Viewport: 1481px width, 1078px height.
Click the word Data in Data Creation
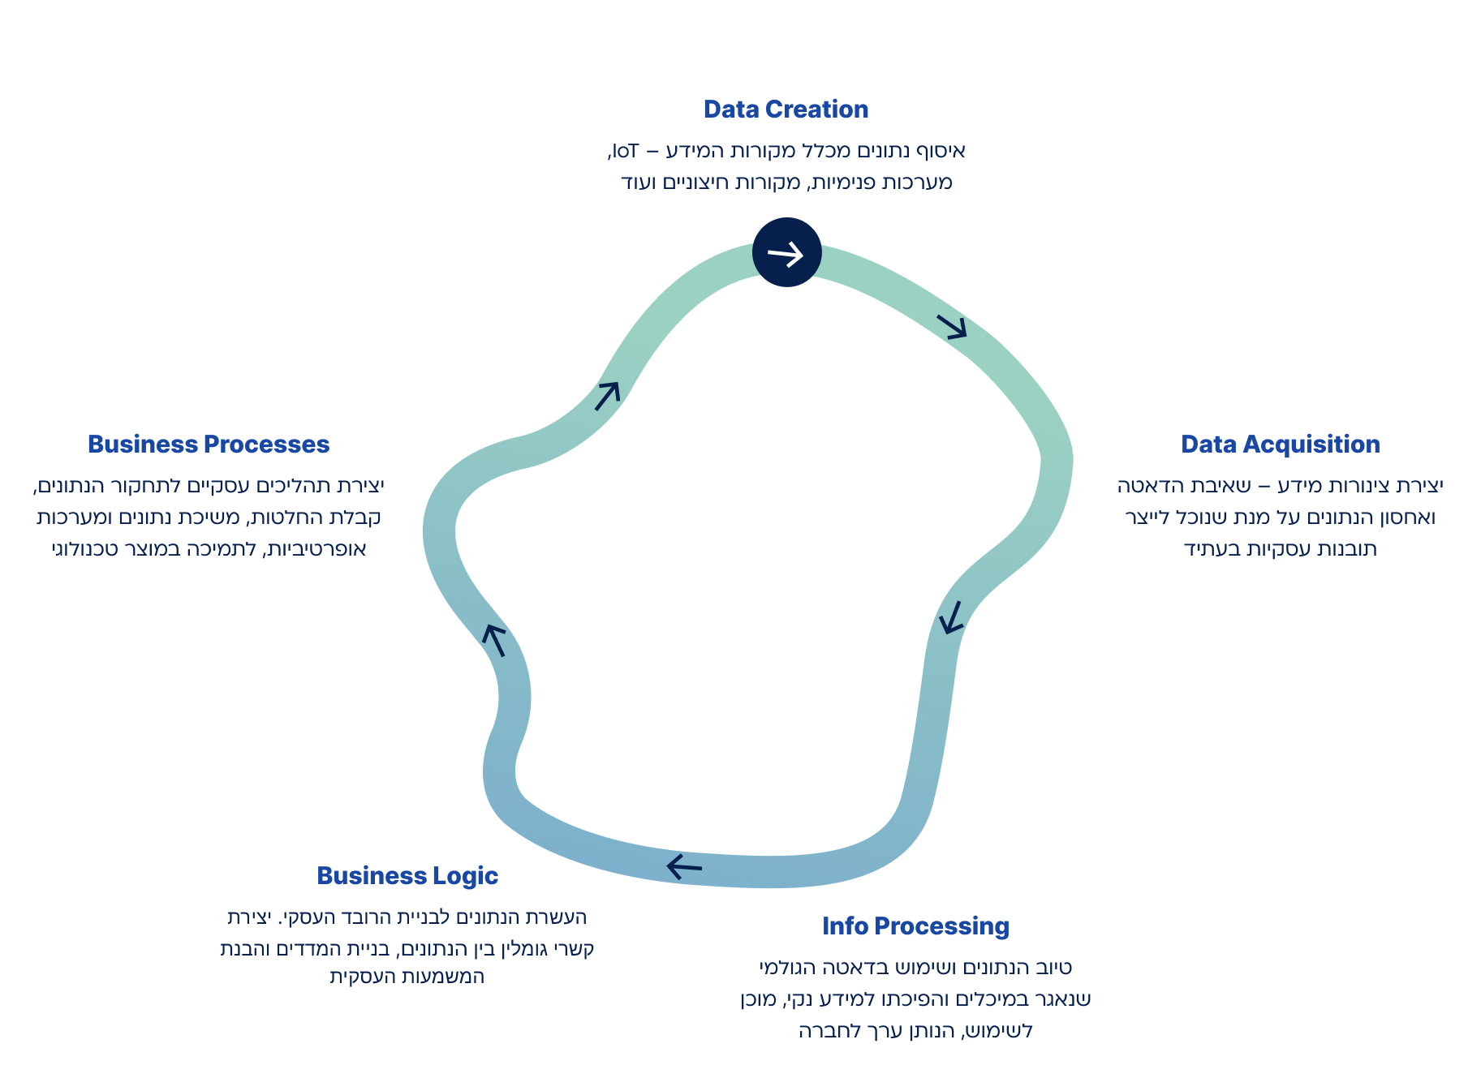point(730,110)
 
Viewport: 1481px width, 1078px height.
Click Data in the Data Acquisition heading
point(1208,445)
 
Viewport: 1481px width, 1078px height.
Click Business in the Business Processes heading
point(142,445)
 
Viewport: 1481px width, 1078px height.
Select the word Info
point(845,926)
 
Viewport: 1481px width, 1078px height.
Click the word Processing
point(941,926)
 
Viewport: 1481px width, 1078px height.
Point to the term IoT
point(625,152)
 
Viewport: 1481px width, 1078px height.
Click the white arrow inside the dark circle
point(786,254)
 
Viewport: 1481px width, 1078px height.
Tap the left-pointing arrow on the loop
point(684,866)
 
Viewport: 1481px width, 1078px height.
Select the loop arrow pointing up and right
point(608,395)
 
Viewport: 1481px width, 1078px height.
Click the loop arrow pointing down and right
point(953,326)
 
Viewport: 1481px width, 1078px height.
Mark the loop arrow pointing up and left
point(494,639)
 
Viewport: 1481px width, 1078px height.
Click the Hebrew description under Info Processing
point(915,999)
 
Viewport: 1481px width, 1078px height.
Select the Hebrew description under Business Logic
point(407,947)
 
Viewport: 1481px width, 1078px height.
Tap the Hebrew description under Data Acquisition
point(1280,517)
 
